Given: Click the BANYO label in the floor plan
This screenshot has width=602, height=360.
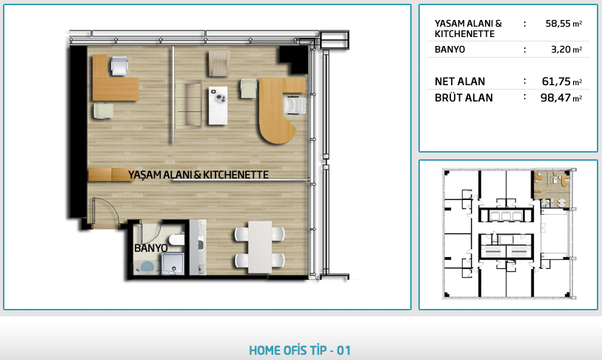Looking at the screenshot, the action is [x=151, y=248].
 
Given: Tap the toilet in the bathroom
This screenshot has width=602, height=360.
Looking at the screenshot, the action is [x=177, y=240].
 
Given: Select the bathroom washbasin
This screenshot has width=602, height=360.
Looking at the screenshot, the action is [x=147, y=266].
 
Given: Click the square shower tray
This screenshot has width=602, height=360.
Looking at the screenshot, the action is [x=173, y=264].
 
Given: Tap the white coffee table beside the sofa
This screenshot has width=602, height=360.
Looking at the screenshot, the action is [x=218, y=106].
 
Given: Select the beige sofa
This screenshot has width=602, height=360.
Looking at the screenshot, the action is [x=190, y=104].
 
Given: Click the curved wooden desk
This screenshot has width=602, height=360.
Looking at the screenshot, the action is [x=281, y=110].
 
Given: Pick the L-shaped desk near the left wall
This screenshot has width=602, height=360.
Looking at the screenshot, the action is [x=115, y=79].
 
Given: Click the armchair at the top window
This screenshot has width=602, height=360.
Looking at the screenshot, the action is [x=219, y=63].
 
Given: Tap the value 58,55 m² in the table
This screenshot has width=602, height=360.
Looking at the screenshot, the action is [x=563, y=24].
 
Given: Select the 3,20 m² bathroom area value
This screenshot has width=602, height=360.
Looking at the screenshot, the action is [x=566, y=49].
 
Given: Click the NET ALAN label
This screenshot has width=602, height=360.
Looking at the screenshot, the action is [x=460, y=81].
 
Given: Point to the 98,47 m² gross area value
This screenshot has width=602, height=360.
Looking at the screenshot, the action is [x=561, y=98].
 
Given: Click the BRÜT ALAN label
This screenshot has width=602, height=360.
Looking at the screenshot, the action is [x=464, y=98].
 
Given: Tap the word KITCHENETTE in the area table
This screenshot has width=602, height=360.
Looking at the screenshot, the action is [x=464, y=34].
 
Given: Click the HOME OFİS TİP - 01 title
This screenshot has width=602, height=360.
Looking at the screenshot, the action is [x=300, y=350].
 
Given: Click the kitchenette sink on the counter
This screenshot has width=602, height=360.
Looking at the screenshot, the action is [x=201, y=244].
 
